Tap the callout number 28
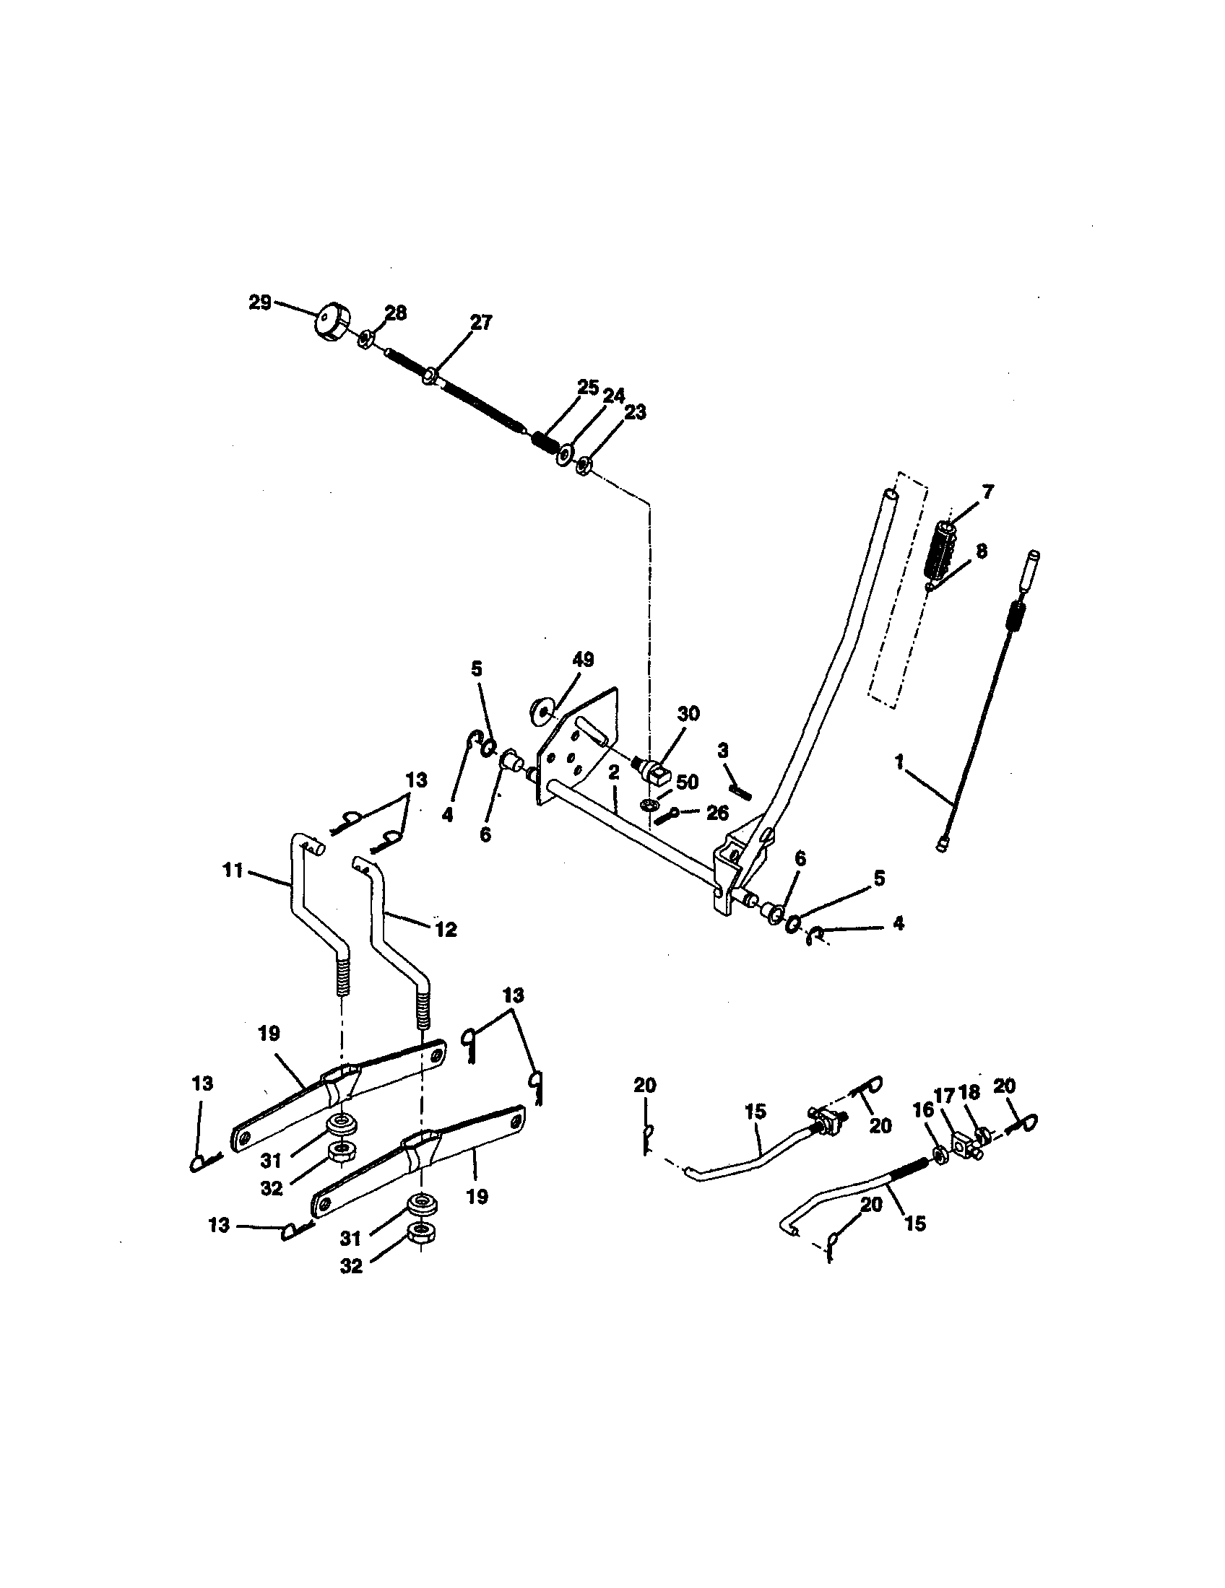[395, 313]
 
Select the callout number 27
[481, 322]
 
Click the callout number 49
[583, 660]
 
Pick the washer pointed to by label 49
[542, 710]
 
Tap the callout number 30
[688, 713]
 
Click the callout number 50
[687, 782]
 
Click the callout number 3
[723, 751]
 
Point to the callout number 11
[232, 870]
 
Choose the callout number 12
[445, 928]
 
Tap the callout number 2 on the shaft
[613, 773]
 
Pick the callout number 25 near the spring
[588, 387]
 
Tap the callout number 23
[635, 412]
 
